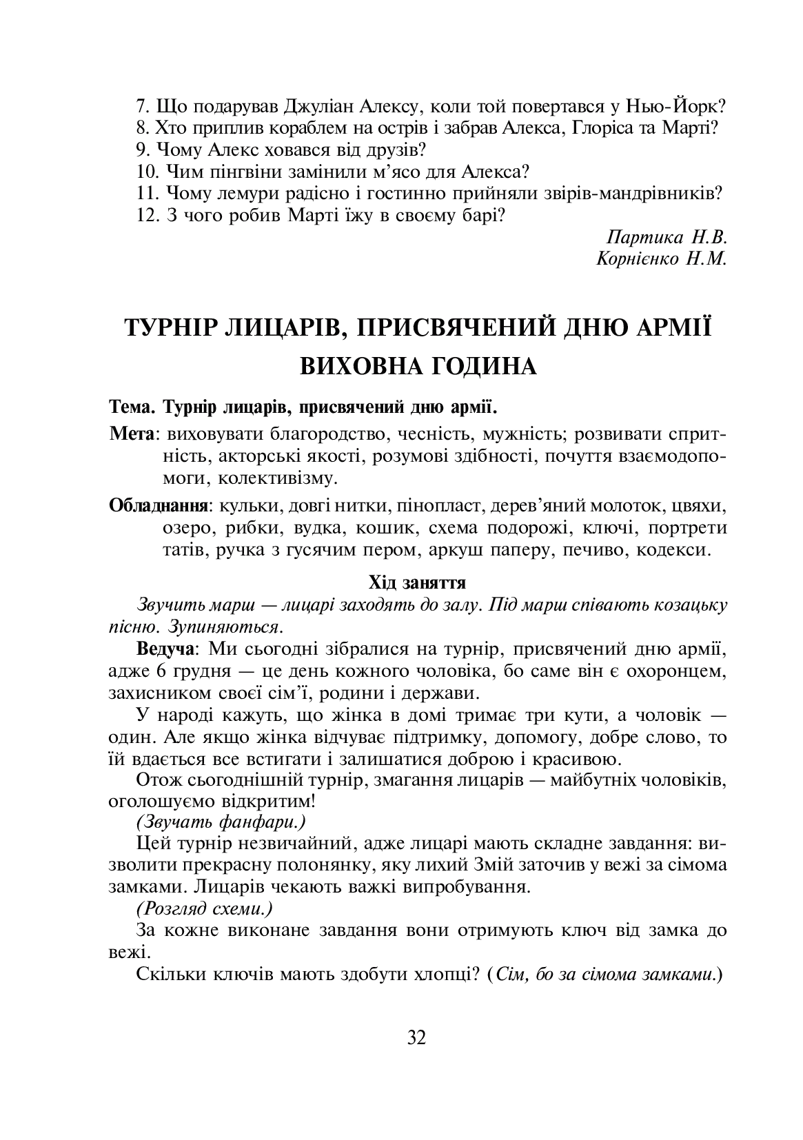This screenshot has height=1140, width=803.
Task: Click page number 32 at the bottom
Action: click(x=417, y=1037)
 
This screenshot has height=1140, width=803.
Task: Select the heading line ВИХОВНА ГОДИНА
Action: click(x=417, y=366)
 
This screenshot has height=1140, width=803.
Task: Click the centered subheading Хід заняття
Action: click(x=417, y=582)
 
